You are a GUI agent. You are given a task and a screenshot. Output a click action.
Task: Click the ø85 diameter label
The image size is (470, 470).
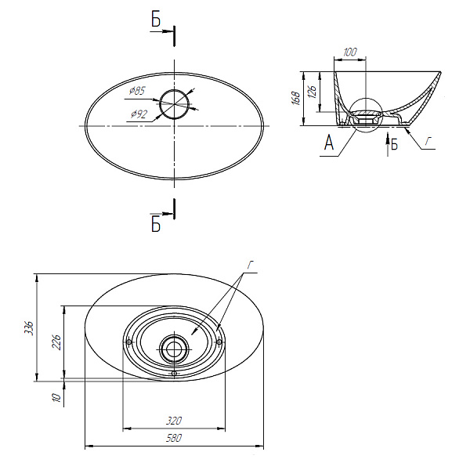pyautogui.click(x=137, y=90)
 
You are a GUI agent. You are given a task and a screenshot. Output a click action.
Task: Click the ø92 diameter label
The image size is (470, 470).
pyautogui.click(x=139, y=114)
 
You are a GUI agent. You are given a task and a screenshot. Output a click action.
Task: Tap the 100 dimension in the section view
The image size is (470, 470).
pyautogui.click(x=350, y=52)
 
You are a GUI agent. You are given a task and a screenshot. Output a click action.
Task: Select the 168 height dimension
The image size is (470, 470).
pyautogui.click(x=296, y=99)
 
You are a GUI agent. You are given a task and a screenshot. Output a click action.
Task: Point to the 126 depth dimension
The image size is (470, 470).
pyautogui.click(x=312, y=92)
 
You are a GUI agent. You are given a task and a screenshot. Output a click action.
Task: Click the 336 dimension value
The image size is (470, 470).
pyautogui.click(x=29, y=327)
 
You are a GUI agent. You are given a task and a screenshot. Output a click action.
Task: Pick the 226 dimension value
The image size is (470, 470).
pyautogui.click(x=56, y=342)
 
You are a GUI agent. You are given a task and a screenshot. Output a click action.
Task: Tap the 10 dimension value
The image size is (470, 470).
pyautogui.click(x=56, y=397)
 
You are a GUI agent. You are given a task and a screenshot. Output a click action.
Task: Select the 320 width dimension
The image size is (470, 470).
pyautogui.click(x=174, y=421)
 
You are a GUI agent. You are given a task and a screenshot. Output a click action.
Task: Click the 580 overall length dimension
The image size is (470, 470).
pyautogui.click(x=174, y=438)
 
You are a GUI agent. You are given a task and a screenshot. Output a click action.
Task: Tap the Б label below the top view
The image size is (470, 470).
pyautogui.click(x=156, y=224)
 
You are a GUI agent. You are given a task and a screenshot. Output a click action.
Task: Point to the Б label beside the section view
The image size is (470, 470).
pyautogui.click(x=394, y=144)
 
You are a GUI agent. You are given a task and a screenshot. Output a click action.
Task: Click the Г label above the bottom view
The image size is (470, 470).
pyautogui.click(x=251, y=265)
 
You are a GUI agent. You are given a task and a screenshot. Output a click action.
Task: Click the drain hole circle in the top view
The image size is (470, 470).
pyautogui.click(x=175, y=104)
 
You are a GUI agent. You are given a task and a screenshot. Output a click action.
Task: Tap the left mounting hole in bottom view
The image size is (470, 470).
pyautogui.click(x=129, y=342)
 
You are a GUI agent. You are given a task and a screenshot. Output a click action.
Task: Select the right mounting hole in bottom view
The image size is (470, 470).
pyautogui.click(x=219, y=342)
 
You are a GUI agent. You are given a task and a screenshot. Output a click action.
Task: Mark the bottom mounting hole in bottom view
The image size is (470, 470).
pyautogui.click(x=174, y=373)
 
